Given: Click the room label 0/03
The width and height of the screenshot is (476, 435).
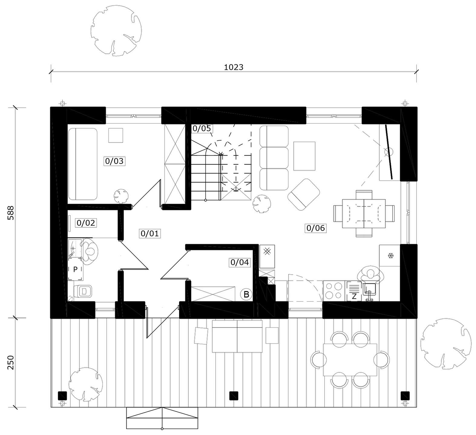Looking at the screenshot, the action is [x=114, y=161].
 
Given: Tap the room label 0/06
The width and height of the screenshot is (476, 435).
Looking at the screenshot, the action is [x=316, y=228].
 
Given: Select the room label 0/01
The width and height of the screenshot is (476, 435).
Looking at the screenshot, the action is [x=150, y=234].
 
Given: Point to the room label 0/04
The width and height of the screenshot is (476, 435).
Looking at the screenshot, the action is [x=240, y=262].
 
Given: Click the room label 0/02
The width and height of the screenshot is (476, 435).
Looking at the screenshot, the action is [x=86, y=223].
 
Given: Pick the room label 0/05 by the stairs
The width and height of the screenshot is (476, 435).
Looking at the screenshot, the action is [x=202, y=128].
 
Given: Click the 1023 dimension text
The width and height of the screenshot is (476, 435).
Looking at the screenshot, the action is [x=234, y=67].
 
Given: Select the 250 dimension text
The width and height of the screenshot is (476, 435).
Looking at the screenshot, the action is [x=11, y=362].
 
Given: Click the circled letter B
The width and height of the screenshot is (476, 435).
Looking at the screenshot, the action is [x=246, y=294].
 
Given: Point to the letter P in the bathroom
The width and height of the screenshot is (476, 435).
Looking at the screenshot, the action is [x=75, y=269].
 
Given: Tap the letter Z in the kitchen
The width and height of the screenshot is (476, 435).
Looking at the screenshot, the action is [x=354, y=297].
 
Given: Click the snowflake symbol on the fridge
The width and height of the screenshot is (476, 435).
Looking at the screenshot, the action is [x=391, y=256].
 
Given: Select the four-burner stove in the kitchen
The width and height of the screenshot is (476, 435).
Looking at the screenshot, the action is [x=334, y=291].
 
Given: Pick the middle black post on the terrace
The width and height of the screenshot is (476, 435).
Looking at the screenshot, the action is [x=234, y=396].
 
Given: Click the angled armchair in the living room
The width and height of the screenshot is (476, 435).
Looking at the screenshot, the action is [x=304, y=194].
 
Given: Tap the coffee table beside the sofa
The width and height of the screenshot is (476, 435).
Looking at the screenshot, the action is [x=304, y=156].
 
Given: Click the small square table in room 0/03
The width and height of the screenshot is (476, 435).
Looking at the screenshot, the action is [x=116, y=135].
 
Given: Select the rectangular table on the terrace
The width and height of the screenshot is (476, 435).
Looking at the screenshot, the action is [x=350, y=360].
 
